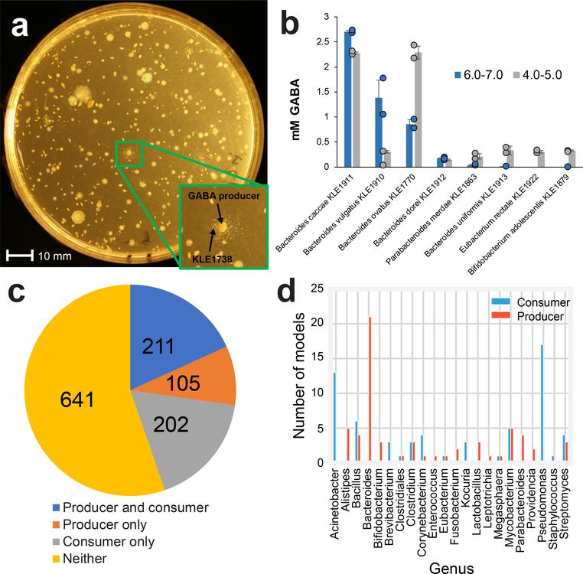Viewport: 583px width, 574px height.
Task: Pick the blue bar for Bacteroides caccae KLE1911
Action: pyautogui.click(x=348, y=99)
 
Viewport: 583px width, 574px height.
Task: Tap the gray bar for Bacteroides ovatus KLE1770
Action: pyautogui.click(x=418, y=109)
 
